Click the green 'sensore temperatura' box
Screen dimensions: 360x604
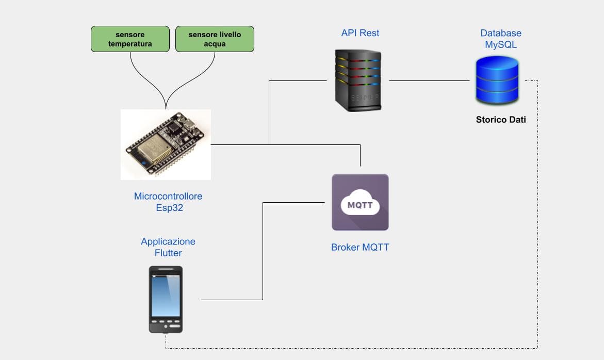click(x=130, y=39)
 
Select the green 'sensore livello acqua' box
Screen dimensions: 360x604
click(x=215, y=39)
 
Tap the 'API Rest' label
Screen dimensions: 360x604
click(x=360, y=33)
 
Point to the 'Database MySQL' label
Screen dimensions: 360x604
click(x=501, y=39)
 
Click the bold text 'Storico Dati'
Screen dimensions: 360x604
click(x=501, y=120)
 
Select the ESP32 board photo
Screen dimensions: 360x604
click(x=166, y=144)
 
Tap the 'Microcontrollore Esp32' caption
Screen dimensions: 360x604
click(x=168, y=202)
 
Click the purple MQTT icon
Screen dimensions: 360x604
click(x=360, y=202)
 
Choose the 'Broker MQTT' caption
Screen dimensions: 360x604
click(x=360, y=247)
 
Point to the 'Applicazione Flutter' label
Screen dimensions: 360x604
click(x=168, y=247)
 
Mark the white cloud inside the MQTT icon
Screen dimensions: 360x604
click(x=360, y=204)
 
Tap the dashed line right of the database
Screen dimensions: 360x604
click(x=537, y=206)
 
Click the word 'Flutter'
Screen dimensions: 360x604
click(x=168, y=253)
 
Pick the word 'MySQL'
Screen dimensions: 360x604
click(x=501, y=45)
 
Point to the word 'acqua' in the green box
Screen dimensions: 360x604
click(x=215, y=44)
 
